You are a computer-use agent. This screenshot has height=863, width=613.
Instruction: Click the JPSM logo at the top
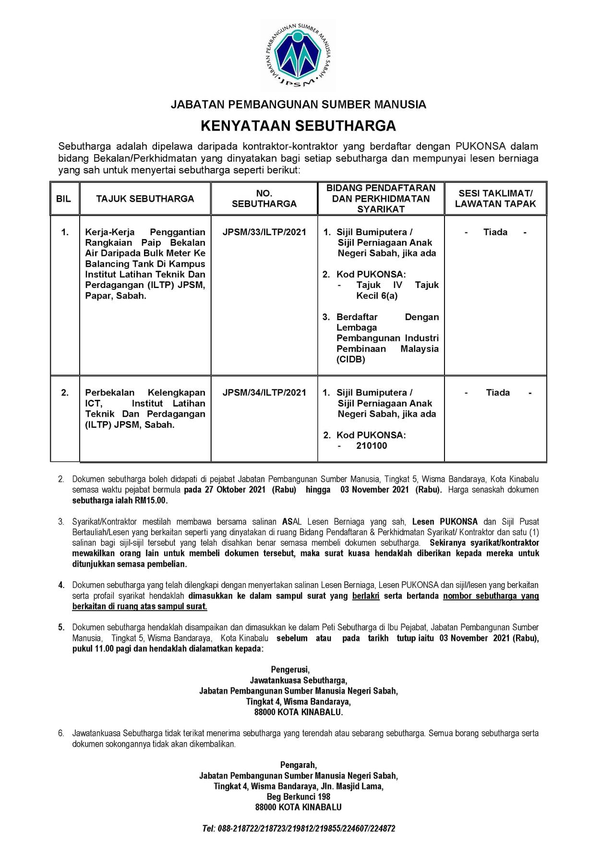[298, 56]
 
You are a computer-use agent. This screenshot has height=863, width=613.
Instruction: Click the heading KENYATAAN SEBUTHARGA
[298, 126]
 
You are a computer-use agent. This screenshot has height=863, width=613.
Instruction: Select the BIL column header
[63, 199]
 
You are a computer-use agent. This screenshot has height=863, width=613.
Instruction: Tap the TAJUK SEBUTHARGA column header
[145, 199]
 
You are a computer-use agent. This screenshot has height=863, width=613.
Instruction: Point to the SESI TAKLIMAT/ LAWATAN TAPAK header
[495, 199]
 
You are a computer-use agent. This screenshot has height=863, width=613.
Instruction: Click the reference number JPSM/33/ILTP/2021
[264, 232]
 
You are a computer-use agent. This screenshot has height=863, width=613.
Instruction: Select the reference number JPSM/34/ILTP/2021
[264, 393]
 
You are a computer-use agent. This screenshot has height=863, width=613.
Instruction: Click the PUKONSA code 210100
[371, 446]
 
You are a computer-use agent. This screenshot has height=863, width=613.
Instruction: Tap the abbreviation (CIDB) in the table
[351, 360]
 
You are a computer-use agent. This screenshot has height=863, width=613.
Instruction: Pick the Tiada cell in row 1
[495, 232]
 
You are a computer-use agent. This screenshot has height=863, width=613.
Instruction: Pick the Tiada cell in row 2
[497, 393]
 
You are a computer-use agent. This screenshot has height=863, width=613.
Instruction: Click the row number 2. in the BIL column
[65, 393]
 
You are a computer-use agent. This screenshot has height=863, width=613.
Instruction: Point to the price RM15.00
[151, 501]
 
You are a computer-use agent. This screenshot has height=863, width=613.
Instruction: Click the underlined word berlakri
[366, 596]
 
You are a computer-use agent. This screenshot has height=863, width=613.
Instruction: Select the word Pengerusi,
[290, 670]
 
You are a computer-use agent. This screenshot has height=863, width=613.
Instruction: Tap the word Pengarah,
[298, 765]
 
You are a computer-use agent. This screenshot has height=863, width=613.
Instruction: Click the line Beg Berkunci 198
[298, 797]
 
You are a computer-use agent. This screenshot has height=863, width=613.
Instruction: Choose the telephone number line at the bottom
[298, 828]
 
